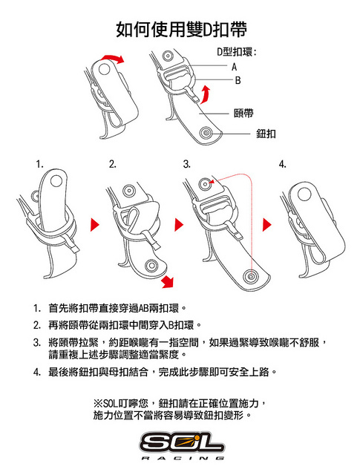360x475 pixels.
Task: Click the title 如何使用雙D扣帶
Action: pos(181,30)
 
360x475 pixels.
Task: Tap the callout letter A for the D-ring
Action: pos(234,67)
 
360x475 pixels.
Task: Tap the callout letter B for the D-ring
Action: pos(238,80)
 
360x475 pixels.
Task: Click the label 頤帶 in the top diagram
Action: pos(243,114)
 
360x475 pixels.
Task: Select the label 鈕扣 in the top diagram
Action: pos(266,134)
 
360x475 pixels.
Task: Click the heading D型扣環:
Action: pos(236,52)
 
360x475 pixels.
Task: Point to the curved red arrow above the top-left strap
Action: pos(113,58)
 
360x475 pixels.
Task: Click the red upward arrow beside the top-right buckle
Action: pos(205,94)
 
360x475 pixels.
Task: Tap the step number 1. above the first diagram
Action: pos(39,165)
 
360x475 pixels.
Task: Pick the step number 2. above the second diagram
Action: pos(113,165)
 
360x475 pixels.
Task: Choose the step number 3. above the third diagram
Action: pos(186,165)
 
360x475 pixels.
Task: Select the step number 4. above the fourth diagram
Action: pos(282,165)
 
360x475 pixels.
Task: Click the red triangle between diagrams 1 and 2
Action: pos(94,225)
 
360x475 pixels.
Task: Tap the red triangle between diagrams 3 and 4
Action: pos(266,225)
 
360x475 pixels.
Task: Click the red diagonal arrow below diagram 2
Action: pos(168,281)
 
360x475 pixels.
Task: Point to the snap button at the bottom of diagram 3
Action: pos(251,276)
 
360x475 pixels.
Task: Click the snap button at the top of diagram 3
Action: pos(205,184)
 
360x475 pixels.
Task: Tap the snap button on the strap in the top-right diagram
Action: pos(206,134)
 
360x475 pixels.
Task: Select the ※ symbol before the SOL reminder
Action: pos(98,403)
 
